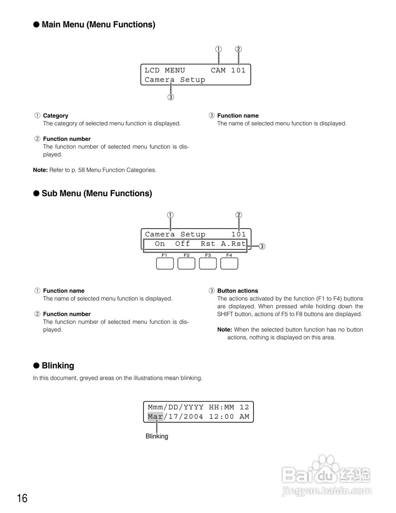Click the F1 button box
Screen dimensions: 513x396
(x=165, y=263)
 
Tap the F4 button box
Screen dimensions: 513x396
(x=229, y=263)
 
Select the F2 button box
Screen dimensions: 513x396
(x=186, y=263)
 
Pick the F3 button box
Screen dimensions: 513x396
(x=208, y=263)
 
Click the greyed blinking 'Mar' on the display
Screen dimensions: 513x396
(x=155, y=416)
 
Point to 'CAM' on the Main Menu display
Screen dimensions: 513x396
(x=218, y=70)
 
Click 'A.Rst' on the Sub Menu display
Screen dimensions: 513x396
(x=233, y=244)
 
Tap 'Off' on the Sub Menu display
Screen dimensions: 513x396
(x=183, y=244)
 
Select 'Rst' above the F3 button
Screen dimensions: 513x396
(x=208, y=244)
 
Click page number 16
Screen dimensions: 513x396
(x=22, y=498)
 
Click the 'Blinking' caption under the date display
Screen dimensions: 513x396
(x=156, y=436)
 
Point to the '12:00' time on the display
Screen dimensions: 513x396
(x=221, y=416)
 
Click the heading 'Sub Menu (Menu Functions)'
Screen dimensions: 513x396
(x=97, y=194)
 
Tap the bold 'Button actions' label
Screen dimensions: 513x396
(x=238, y=291)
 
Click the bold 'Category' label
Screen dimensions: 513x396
(x=55, y=116)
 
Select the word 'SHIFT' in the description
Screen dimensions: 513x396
(x=226, y=314)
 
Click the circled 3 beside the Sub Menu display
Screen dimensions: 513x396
(x=262, y=246)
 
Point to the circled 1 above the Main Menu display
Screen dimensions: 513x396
(x=218, y=49)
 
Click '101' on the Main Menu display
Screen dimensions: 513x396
(x=238, y=70)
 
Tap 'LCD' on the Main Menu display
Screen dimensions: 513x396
(x=152, y=70)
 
